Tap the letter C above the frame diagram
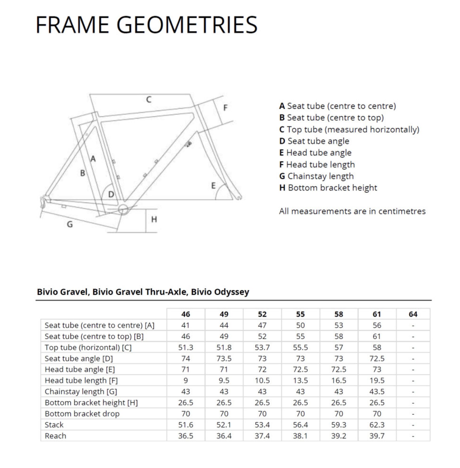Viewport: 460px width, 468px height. coord(149,100)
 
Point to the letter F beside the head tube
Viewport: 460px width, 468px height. coord(225,108)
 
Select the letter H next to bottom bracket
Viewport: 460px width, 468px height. coord(154,219)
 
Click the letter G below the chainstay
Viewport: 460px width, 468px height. coord(70,224)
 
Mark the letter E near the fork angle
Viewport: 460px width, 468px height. coord(213,186)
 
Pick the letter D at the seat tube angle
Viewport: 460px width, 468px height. coord(111,194)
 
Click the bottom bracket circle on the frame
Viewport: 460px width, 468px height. coord(123,209)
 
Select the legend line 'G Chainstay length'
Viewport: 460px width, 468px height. coord(317,176)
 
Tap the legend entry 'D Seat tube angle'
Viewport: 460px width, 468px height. coord(314,141)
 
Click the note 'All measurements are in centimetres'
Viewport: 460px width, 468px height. coord(352,211)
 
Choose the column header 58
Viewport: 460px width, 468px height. coord(339,314)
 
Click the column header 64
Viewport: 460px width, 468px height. coord(413,314)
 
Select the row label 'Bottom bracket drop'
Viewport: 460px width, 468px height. coord(82,414)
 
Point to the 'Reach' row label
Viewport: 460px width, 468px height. coord(55,436)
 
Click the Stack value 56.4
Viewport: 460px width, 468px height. coord(300,425)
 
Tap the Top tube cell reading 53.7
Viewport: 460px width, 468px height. coord(262,347)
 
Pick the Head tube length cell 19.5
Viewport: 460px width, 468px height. coord(377,380)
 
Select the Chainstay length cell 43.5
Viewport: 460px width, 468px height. coord(377,391)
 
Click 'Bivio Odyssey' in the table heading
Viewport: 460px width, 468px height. coord(220,292)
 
